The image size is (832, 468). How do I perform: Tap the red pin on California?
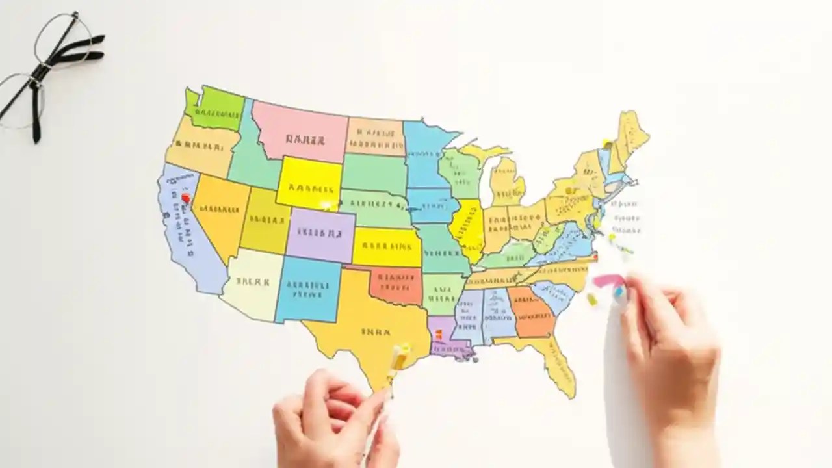tap(186, 198)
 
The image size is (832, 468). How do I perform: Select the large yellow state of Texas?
tap(364, 325)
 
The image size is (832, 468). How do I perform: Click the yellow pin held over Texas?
tap(398, 357)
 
